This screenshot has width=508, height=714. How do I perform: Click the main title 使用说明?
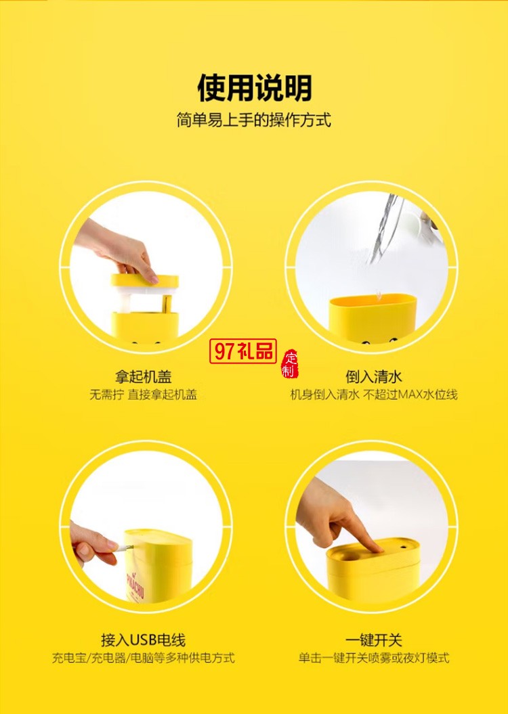tap(254, 88)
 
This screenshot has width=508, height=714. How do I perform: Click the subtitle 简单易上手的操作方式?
tap(254, 121)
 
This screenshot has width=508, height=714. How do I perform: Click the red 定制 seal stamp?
tap(289, 365)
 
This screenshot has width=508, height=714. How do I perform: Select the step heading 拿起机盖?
tap(143, 377)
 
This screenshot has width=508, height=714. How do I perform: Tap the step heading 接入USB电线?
tap(143, 640)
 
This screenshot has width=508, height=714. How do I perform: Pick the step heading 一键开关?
tap(373, 640)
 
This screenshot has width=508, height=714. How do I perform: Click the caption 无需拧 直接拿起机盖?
tap(143, 395)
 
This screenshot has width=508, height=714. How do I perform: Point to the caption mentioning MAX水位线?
tap(373, 395)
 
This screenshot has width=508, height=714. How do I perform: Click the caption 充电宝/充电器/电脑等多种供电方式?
tap(143, 658)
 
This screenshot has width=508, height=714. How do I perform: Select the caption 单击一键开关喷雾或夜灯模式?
tap(373, 658)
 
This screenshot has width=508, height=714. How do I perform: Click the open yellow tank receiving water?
tap(373, 315)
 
